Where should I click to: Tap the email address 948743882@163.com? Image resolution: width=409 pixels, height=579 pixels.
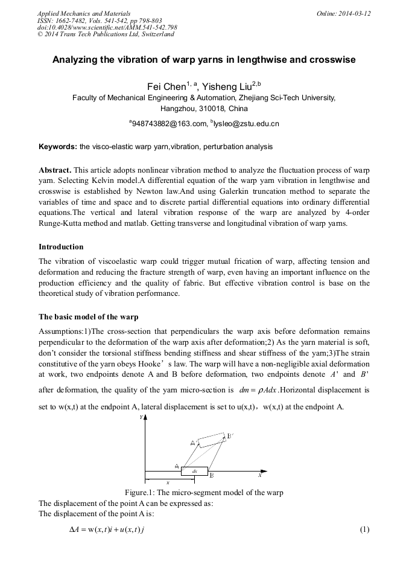point(170,124)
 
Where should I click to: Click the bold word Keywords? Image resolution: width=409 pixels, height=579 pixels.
point(57,147)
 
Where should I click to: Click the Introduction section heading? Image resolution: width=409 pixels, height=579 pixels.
point(61,247)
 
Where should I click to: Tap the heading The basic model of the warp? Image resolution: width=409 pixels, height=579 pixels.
point(88,316)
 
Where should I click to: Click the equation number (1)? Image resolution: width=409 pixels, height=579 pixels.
point(364,529)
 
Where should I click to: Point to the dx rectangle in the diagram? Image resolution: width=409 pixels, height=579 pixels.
point(194,471)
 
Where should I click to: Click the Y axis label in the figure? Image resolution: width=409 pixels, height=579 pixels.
point(141,418)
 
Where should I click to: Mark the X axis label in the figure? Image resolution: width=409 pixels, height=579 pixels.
point(260,475)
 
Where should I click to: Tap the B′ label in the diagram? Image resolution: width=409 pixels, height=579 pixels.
point(230,436)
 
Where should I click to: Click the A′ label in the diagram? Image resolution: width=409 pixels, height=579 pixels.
point(194,443)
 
